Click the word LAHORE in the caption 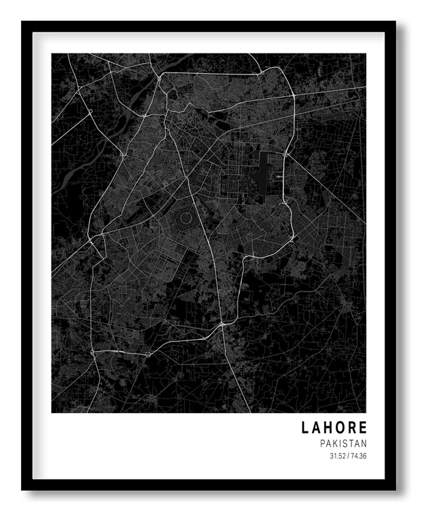335,428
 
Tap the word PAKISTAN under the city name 344,444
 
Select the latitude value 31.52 337,456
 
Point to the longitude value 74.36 359,456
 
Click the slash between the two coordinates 348,456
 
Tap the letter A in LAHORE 318,428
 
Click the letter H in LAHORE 330,428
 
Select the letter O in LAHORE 341,428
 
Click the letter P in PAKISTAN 324,444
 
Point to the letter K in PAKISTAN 336,444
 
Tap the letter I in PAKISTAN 341,444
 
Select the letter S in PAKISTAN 346,444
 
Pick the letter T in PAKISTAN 352,444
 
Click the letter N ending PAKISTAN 364,444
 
